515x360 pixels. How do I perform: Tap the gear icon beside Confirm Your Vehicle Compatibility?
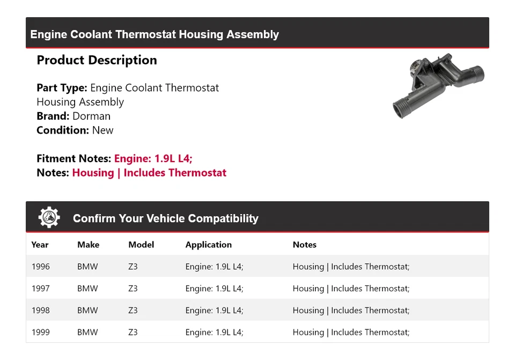click(49, 218)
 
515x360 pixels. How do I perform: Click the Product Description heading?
click(97, 60)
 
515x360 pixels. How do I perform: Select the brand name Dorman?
click(91, 116)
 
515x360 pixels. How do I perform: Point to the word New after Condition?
click(102, 130)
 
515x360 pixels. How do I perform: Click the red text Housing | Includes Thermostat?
click(149, 173)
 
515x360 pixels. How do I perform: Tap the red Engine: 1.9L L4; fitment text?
click(153, 159)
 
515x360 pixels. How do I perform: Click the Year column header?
click(40, 245)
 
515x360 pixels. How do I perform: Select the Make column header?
click(88, 245)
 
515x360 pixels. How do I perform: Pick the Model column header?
click(141, 245)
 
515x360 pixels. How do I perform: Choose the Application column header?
click(208, 245)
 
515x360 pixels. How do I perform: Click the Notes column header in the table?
click(304, 245)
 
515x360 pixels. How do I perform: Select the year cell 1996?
click(40, 267)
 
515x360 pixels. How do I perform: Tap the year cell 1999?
click(40, 332)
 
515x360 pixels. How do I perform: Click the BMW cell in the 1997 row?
click(87, 289)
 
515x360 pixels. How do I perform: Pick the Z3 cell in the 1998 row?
click(133, 310)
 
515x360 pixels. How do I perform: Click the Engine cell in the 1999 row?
click(214, 332)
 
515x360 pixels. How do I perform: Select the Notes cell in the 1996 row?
click(351, 267)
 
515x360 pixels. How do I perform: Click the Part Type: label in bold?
click(62, 88)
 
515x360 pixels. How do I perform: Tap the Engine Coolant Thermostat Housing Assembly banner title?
click(154, 34)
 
